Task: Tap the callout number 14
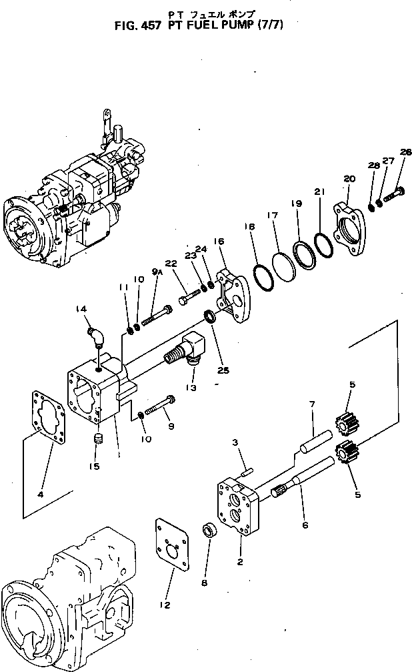click(x=81, y=309)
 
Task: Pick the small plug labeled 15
click(x=98, y=441)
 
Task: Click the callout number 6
click(x=305, y=525)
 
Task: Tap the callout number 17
click(x=272, y=216)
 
